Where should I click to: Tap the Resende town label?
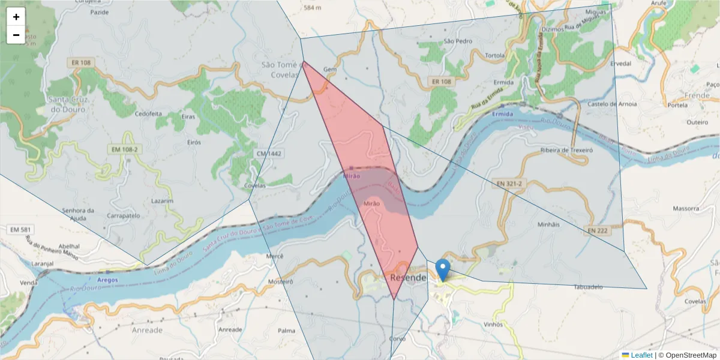(x=407, y=278)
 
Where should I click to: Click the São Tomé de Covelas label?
(x=280, y=70)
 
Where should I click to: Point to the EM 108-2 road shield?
(x=124, y=149)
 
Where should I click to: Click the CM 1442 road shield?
(x=268, y=154)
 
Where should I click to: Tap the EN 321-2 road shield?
(x=510, y=182)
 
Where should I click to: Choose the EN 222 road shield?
(x=597, y=230)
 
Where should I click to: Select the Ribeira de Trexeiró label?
(x=566, y=150)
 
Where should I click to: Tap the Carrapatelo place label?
(x=122, y=215)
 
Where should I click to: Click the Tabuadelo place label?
(x=587, y=287)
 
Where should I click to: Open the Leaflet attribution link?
(x=641, y=355)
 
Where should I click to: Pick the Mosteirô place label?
(x=281, y=281)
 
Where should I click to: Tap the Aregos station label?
(x=107, y=280)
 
